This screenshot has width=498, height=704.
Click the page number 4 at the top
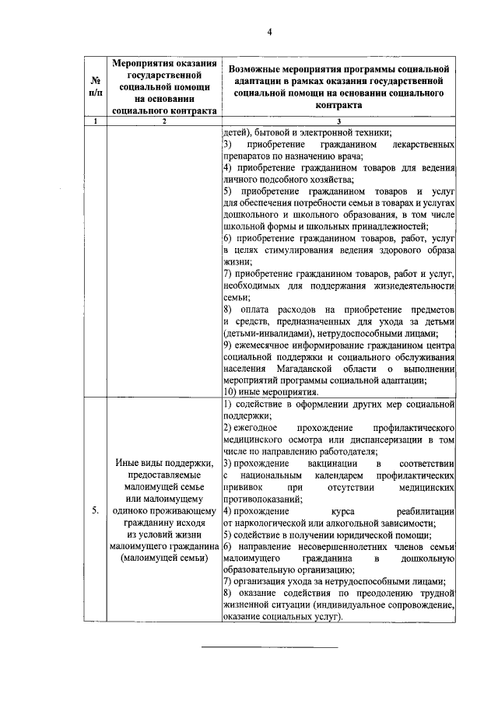click(x=270, y=32)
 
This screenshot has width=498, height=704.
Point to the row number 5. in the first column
click(x=93, y=510)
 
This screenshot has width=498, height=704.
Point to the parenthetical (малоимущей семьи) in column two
click(x=164, y=558)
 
